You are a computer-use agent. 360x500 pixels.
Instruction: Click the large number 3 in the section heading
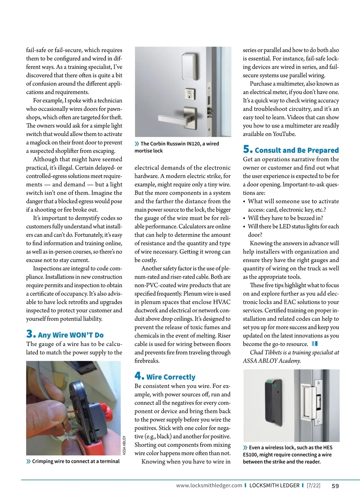(x=31, y=334)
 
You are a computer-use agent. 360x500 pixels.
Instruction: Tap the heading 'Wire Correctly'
(x=171, y=377)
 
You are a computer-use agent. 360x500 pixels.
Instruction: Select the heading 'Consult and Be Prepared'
(x=297, y=150)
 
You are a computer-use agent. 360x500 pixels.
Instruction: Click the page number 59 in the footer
(x=335, y=486)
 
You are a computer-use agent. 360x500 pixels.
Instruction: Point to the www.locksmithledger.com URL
(x=209, y=486)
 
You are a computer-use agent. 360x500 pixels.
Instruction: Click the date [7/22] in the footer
(x=313, y=486)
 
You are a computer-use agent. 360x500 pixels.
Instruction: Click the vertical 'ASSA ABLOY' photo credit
(x=124, y=445)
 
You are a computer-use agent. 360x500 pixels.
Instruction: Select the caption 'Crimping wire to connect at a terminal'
(x=76, y=461)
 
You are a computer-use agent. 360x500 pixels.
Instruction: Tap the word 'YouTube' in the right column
(x=284, y=134)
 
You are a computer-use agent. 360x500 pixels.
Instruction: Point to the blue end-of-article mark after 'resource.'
(x=315, y=344)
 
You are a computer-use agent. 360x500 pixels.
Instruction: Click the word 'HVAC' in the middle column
(x=222, y=302)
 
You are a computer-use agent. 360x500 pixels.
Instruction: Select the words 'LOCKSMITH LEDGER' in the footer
(x=274, y=486)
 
